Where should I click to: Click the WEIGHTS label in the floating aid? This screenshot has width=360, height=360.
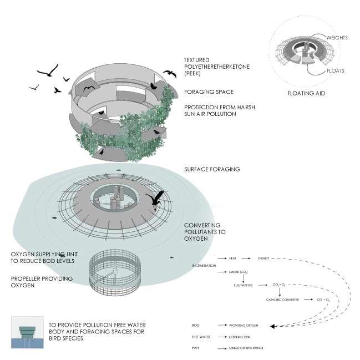[337, 38]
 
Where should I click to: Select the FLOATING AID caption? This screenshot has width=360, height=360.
[306, 93]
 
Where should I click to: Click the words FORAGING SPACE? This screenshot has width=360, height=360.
[209, 92]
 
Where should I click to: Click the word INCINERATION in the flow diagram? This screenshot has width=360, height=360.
[200, 266]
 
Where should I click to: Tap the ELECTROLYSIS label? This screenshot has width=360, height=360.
[243, 285]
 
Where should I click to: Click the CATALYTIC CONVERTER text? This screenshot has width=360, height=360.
[283, 300]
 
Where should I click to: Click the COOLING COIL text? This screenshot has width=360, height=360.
[239, 336]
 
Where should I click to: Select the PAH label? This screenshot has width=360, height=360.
[195, 348]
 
